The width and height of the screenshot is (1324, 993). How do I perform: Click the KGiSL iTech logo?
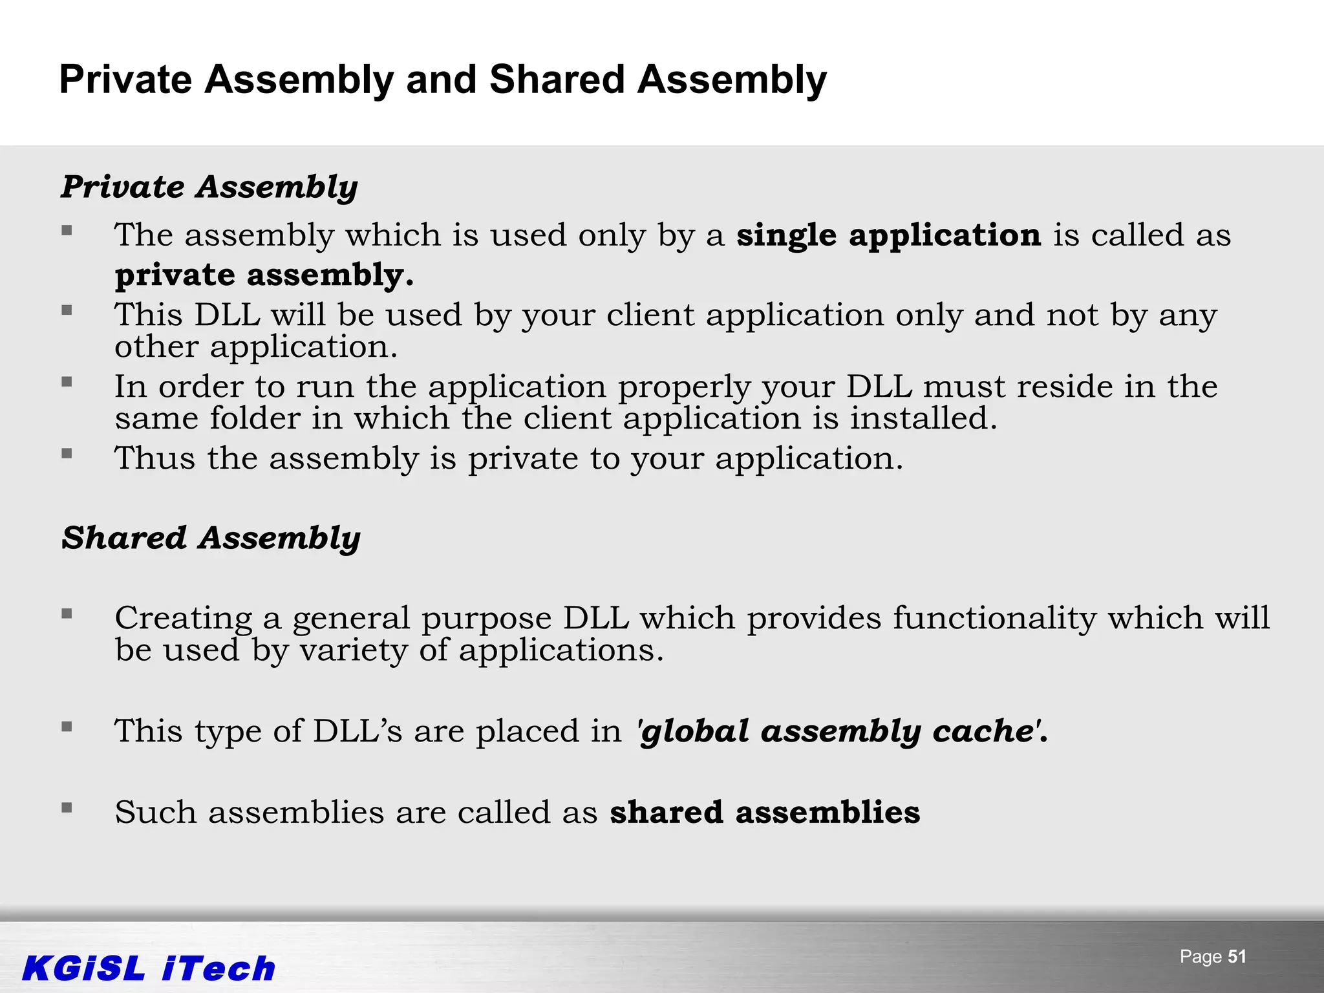tap(149, 968)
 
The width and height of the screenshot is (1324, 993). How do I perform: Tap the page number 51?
tap(1236, 957)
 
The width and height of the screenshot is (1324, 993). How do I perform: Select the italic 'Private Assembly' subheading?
tap(209, 187)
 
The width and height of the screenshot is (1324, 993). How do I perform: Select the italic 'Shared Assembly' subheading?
tap(211, 538)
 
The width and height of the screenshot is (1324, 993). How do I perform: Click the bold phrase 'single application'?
tap(888, 235)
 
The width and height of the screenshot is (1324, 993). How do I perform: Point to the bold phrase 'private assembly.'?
tap(264, 275)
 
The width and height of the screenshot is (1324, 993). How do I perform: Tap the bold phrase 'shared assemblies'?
tap(765, 812)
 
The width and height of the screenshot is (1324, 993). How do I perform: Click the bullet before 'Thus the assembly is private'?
tap(67, 453)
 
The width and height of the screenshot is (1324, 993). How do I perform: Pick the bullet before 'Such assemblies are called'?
tap(67, 807)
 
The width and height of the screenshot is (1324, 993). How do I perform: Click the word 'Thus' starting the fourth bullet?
tap(155, 458)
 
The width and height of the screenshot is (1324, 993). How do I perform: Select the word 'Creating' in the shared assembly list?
tap(183, 618)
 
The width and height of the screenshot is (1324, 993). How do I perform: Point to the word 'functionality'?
tap(994, 618)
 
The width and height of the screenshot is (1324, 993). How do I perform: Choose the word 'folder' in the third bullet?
tap(255, 418)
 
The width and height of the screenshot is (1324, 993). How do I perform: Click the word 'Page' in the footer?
tap(1200, 957)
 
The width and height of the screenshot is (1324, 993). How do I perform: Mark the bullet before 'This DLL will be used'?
tap(67, 310)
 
